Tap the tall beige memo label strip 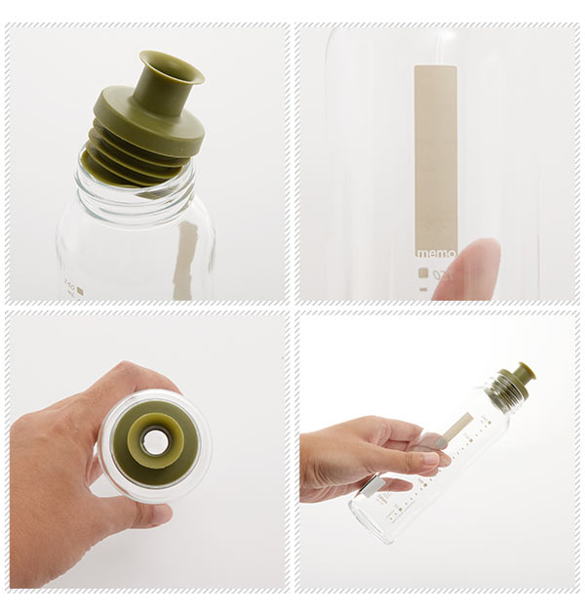(436, 156)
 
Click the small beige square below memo (423, 273)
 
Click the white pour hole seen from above (154, 442)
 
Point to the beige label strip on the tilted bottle (455, 427)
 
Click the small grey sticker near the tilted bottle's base (371, 485)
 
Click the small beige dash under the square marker (423, 289)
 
